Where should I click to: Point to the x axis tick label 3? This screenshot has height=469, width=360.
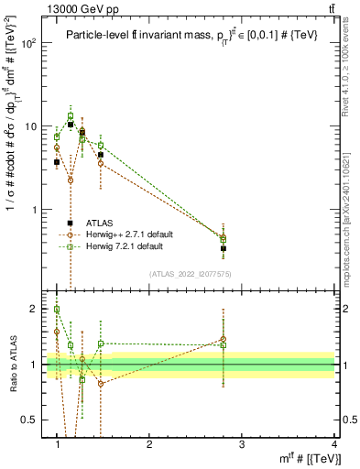point(241,443)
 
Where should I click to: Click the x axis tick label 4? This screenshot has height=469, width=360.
point(333,443)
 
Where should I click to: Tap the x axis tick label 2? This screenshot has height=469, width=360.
point(149,443)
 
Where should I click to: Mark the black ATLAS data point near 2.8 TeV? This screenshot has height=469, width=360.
point(224,248)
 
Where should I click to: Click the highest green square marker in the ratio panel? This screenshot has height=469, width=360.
point(57,310)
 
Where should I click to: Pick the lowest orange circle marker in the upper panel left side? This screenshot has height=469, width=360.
point(70,180)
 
